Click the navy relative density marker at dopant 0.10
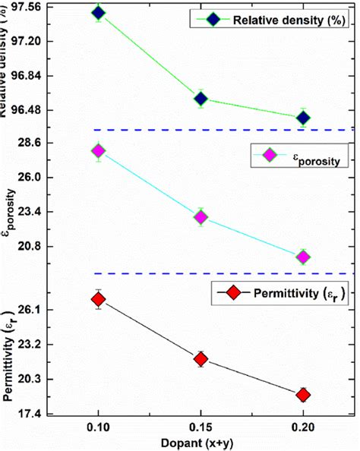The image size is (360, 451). click(98, 13)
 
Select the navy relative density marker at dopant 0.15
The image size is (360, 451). click(201, 99)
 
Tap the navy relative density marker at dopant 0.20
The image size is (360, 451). click(303, 118)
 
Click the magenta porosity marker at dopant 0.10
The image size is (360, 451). click(98, 151)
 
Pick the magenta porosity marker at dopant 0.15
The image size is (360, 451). click(201, 218)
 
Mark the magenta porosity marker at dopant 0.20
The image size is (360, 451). click(303, 257)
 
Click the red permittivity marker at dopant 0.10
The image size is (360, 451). click(98, 300)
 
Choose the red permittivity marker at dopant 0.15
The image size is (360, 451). click(201, 359)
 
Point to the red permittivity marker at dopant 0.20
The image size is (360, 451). click(303, 395)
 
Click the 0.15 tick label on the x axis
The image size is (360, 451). click(201, 427)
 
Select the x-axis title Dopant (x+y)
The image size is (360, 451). click(200, 443)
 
